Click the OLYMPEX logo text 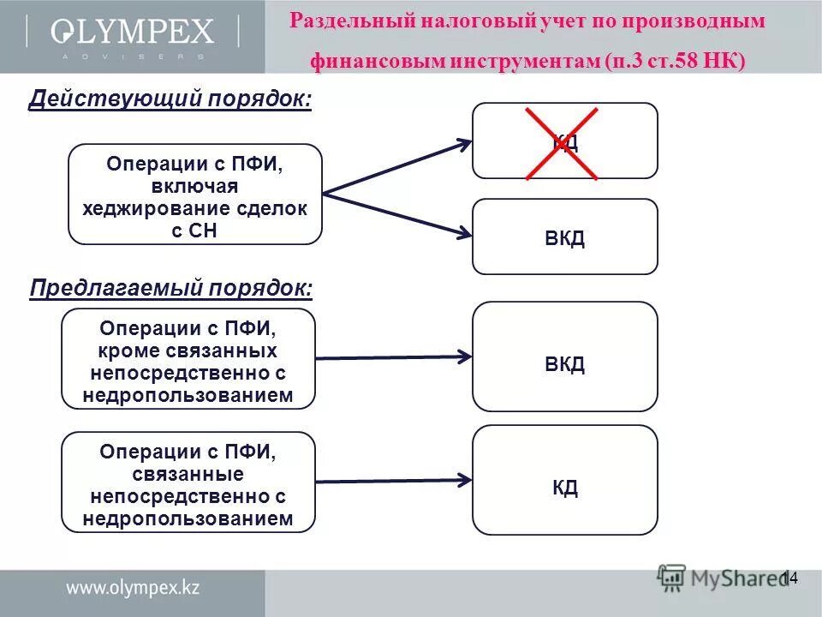point(132,33)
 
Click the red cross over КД point(562,143)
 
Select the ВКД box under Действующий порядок point(565,237)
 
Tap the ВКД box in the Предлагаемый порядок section point(565,363)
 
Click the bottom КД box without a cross point(565,488)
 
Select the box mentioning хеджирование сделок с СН point(195,195)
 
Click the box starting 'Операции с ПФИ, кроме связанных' point(188,358)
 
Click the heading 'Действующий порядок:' point(170,99)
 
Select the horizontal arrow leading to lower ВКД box point(394,357)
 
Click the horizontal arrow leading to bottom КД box point(394,481)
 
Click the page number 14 point(789,578)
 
